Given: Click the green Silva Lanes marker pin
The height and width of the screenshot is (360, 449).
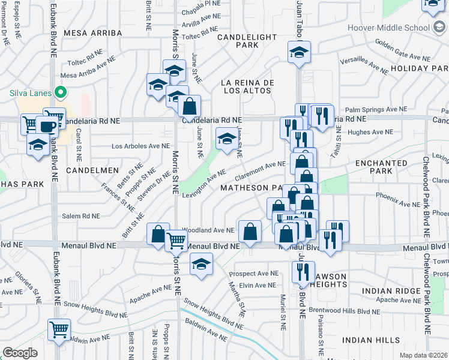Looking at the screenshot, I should (x=59, y=93).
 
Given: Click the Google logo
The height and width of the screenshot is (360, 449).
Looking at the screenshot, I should (x=20, y=353).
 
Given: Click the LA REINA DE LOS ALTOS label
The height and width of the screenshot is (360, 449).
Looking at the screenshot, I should (x=247, y=86).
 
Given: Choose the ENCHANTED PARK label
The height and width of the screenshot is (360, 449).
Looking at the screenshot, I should (x=381, y=167).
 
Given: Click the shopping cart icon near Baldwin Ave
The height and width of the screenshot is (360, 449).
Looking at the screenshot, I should (x=59, y=328).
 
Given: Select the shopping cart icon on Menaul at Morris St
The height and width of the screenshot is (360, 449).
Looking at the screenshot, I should (x=176, y=240).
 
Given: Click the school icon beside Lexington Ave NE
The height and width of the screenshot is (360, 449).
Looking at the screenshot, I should (x=226, y=139).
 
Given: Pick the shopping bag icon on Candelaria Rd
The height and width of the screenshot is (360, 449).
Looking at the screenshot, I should (x=189, y=106).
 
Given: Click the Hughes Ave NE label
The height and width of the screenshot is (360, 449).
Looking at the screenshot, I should (x=370, y=132).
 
